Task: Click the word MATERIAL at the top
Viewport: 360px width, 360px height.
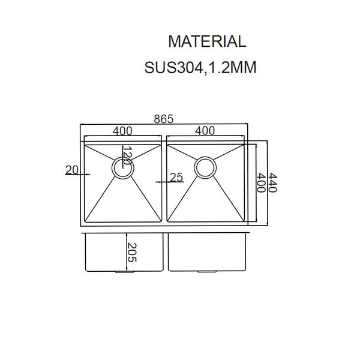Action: pos(207,41)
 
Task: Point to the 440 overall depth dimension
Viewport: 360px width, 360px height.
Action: pos(272,181)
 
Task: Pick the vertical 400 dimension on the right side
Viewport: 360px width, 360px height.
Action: pos(261,181)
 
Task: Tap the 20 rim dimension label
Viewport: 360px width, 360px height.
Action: pos(72,170)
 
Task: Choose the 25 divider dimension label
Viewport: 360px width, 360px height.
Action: pos(176,178)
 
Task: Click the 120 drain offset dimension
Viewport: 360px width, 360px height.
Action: pos(126,157)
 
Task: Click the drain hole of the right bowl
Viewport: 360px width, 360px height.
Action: pos(205,168)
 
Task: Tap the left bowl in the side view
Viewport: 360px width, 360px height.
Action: pos(105,252)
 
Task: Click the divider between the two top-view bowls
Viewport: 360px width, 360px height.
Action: pos(164,181)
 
